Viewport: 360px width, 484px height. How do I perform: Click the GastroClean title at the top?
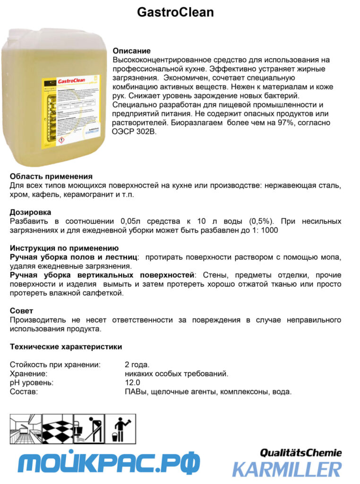(175, 12)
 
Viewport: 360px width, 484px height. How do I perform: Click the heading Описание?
(131, 51)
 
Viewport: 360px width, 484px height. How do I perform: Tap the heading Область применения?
(51, 176)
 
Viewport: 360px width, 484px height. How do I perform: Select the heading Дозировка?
(30, 212)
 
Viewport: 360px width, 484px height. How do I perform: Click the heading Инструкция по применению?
(64, 248)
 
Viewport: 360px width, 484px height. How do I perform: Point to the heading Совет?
(22, 311)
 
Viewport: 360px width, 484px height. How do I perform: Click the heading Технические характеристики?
(66, 346)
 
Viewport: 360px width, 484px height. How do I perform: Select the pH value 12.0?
(132, 383)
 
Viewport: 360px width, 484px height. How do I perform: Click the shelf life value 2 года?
(137, 365)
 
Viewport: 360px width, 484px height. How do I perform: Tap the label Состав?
(24, 392)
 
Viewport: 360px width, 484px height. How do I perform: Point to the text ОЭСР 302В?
(134, 132)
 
